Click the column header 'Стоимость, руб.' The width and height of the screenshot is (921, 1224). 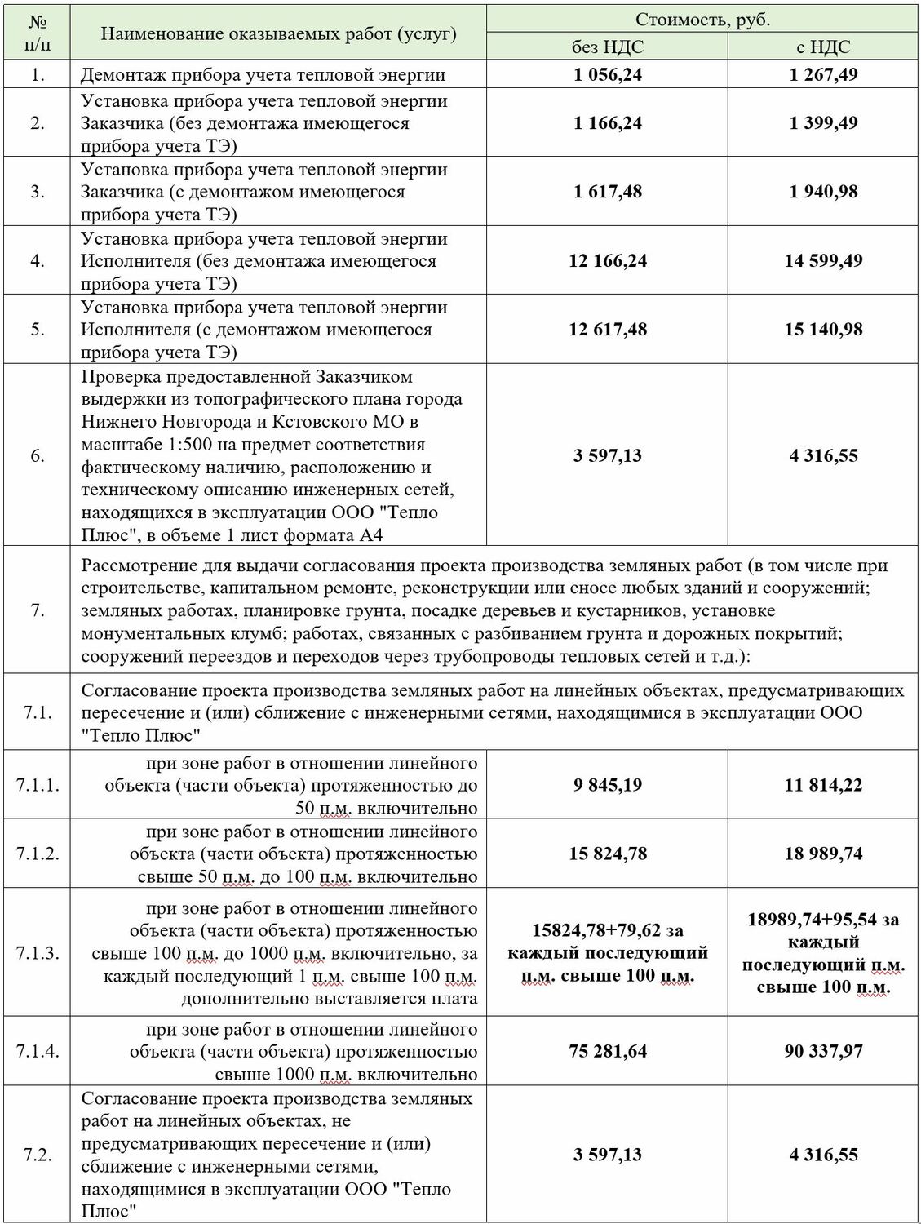[x=702, y=20]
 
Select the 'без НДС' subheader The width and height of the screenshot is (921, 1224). [x=607, y=47]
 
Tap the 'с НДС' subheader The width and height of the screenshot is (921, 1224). [x=823, y=47]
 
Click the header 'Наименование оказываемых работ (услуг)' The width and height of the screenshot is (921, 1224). [x=278, y=33]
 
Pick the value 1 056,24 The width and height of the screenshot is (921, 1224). [x=607, y=75]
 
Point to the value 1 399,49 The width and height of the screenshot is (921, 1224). [x=823, y=123]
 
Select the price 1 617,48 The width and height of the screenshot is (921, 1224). [x=607, y=192]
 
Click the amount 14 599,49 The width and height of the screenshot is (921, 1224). [x=823, y=261]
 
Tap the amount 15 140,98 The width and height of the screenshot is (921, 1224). [x=823, y=330]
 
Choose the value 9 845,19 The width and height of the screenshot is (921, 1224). [x=607, y=785]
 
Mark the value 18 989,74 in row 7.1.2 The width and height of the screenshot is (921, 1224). [x=823, y=854]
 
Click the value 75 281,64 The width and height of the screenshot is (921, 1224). [x=607, y=1051]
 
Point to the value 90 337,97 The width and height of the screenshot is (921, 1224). [x=823, y=1051]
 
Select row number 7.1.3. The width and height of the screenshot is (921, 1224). [x=38, y=952]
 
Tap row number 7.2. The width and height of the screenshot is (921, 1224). [x=38, y=1155]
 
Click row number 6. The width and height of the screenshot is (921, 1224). [x=38, y=455]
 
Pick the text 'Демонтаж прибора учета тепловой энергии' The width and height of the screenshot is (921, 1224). [x=263, y=75]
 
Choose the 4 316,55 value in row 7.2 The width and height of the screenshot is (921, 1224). [x=823, y=1155]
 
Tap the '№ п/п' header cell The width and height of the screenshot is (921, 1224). [x=38, y=33]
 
